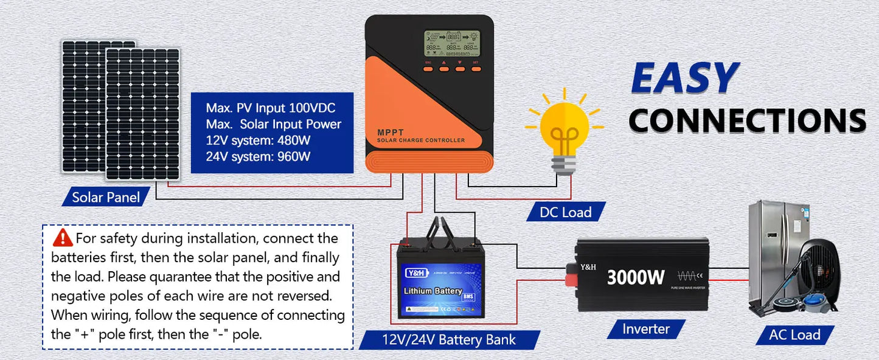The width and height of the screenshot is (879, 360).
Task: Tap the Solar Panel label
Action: [x=106, y=197]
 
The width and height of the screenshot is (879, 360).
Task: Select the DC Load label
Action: [x=566, y=212]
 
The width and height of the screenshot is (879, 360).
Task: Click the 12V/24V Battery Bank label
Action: [x=450, y=339]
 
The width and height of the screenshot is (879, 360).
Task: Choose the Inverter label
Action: [x=646, y=329]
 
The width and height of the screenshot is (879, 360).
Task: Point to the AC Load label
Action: [x=794, y=334]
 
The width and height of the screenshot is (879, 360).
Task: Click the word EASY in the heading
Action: [x=684, y=79]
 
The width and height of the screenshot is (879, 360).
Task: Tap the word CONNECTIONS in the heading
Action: [x=747, y=120]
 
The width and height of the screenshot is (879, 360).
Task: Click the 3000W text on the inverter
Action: [x=636, y=277]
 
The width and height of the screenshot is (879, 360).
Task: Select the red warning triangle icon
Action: [x=63, y=238]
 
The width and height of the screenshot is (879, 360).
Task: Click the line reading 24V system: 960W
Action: [x=259, y=156]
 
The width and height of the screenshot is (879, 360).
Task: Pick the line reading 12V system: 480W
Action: [x=259, y=140]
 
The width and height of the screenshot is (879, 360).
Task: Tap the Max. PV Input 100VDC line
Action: [x=271, y=108]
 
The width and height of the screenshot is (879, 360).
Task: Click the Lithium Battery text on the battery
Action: [x=433, y=291]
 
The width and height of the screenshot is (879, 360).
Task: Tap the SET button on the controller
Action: [x=476, y=68]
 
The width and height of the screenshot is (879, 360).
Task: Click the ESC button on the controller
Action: [x=428, y=68]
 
